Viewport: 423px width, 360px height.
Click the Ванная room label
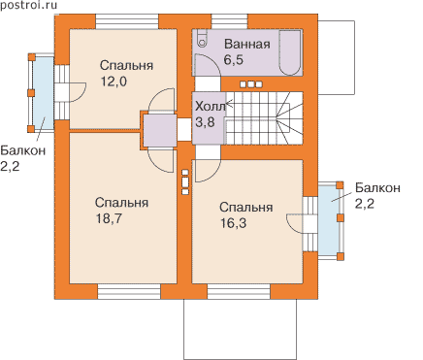(247, 44)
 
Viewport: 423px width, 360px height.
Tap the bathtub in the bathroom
(290, 53)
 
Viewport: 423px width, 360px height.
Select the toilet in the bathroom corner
(203, 40)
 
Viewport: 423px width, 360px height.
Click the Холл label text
(211, 106)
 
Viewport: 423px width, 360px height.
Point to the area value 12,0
(114, 82)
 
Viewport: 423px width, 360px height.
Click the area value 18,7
(109, 219)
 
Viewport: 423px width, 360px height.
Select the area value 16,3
(233, 223)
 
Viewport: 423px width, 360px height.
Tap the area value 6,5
(234, 60)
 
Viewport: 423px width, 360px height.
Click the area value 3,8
(205, 122)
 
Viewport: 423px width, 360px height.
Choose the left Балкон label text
(23, 150)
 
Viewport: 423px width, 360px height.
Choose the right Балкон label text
(377, 187)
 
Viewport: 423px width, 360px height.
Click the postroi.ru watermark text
(29, 5)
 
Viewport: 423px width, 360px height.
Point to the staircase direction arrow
(230, 104)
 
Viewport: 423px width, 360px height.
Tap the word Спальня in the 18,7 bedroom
(121, 203)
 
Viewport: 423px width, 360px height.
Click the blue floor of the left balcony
(44, 94)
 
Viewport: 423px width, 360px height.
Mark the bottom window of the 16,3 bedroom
(239, 292)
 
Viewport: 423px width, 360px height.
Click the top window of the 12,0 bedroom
(127, 21)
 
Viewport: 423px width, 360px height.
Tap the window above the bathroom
(230, 21)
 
